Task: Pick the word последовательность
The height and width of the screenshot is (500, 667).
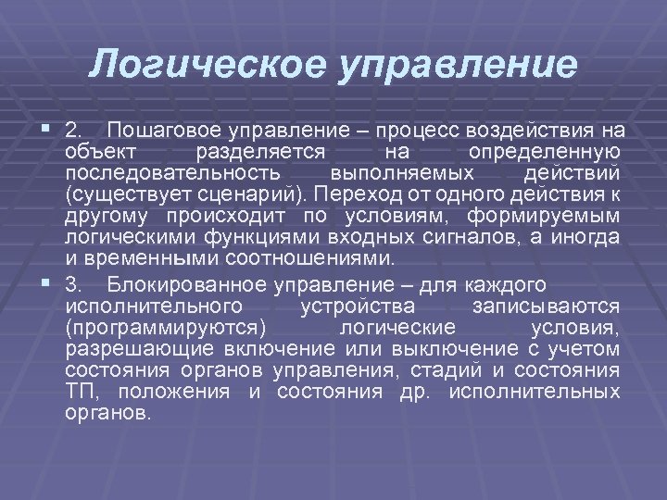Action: tap(158, 173)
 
